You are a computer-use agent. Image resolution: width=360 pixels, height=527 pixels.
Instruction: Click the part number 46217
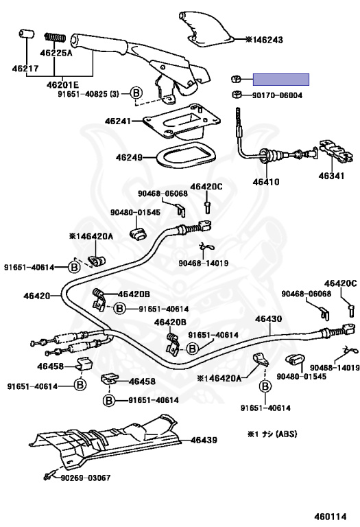24,68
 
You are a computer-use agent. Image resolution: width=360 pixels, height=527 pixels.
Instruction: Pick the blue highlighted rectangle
282,79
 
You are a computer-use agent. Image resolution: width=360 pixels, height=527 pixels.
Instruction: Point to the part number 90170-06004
278,95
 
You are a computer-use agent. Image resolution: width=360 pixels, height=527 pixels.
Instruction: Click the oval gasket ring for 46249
179,157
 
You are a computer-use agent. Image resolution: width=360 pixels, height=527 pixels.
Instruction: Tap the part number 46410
266,183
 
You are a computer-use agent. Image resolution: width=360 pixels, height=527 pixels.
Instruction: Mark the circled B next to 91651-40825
136,93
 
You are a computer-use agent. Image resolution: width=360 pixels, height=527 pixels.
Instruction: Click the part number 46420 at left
36,296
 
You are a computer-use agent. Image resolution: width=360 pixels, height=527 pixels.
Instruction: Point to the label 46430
268,319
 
